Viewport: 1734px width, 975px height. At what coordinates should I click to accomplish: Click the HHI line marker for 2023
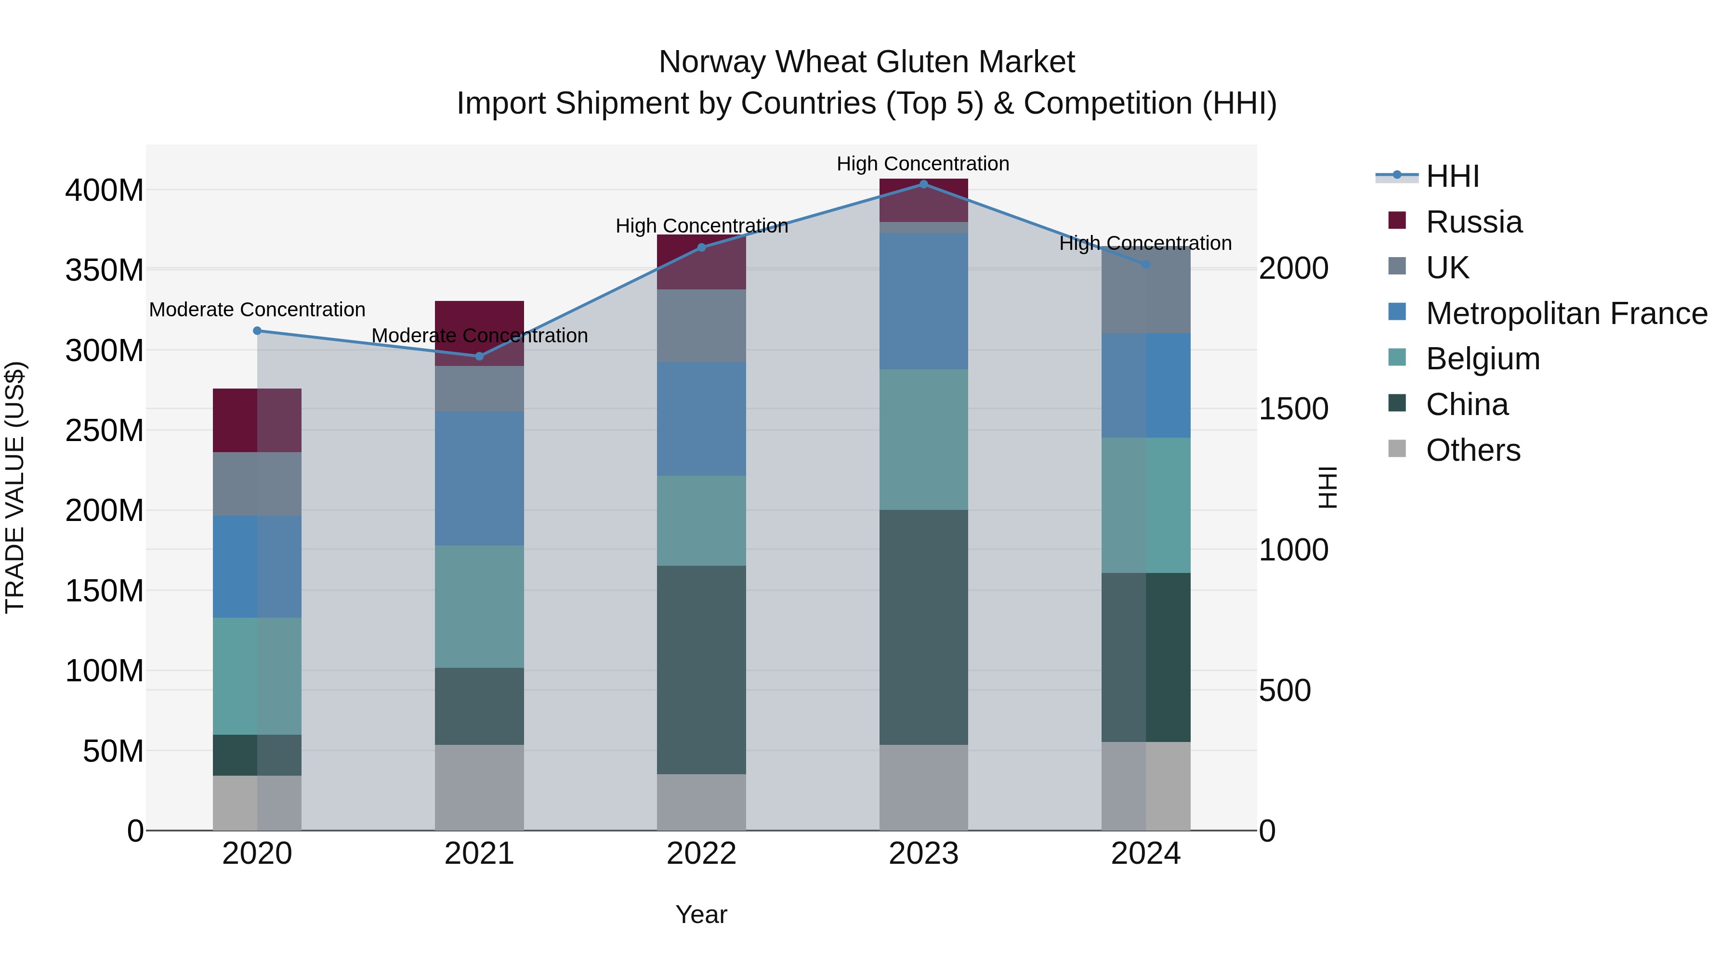pos(923,184)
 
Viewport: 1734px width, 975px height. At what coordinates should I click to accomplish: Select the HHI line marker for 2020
pos(257,330)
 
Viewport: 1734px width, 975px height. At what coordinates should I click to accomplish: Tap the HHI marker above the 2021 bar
pos(479,356)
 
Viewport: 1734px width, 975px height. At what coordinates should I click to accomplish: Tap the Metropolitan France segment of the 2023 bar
pos(923,301)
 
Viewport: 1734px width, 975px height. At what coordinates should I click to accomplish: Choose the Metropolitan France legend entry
pos(1566,313)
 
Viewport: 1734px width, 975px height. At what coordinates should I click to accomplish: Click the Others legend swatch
pos(1397,449)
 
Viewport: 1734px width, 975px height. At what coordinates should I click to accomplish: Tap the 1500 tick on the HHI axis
pos(1293,409)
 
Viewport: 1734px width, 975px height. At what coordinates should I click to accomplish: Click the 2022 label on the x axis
pos(701,854)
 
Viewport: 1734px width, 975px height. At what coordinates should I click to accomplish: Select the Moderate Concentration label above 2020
pos(257,310)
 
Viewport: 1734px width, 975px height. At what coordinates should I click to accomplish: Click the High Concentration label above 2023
pos(922,164)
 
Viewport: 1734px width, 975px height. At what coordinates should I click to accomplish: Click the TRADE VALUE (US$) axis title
pos(15,487)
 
